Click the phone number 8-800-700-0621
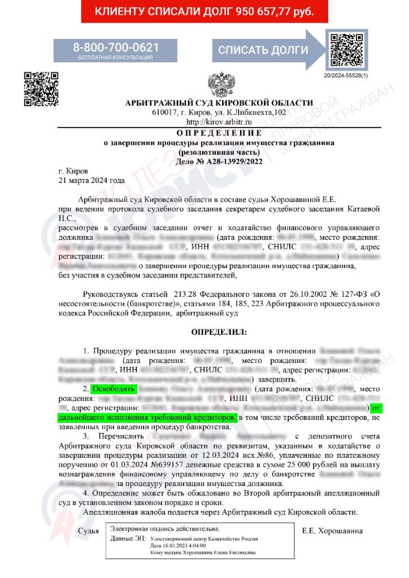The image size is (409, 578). click(115, 47)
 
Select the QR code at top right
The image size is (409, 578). click(346, 50)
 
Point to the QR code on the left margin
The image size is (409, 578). click(41, 89)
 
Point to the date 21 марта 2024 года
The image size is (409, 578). click(92, 181)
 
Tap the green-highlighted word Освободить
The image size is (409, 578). click(115, 389)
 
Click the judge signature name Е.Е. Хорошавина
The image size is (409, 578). click(333, 531)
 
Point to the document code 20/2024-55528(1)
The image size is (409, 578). click(346, 75)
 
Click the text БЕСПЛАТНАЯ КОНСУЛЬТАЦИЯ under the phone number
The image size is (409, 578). click(115, 57)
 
